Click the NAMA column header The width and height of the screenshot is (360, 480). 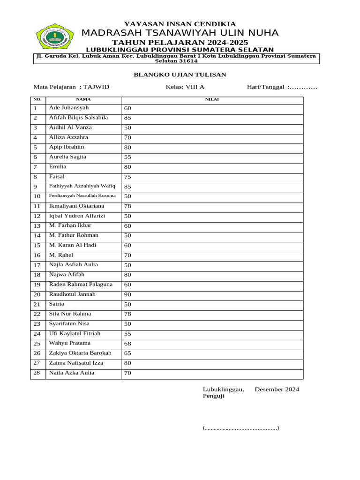coord(83,99)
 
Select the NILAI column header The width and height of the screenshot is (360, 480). coord(212,99)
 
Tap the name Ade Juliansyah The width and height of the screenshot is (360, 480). coord(69,108)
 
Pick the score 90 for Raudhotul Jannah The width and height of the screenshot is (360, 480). coord(127,294)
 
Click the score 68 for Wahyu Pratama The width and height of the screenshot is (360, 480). coord(127,344)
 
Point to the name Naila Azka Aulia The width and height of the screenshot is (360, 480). coord(72,373)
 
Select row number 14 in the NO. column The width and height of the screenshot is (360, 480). coord(37,235)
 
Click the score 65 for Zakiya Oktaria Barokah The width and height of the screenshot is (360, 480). coord(127,353)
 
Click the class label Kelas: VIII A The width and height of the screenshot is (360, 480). coord(185,87)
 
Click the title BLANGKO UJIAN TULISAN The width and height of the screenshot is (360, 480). coord(180,75)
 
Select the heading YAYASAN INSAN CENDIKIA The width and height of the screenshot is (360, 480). coord(180,24)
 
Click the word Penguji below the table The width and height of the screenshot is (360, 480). coord(213,396)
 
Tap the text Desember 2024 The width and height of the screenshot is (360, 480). coord(277,389)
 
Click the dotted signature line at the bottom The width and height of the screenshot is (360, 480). coord(241,428)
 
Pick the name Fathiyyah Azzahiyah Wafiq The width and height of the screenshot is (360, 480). coord(82,186)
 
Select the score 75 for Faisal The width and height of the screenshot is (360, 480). coord(127,177)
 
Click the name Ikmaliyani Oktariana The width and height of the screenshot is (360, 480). coord(77,206)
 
